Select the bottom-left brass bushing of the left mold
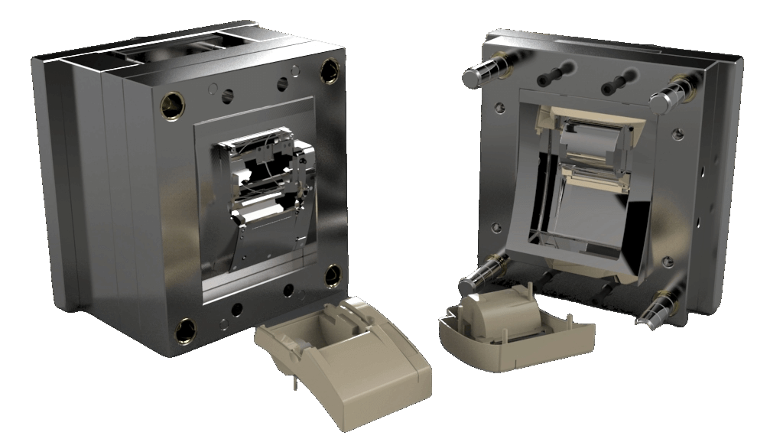(184, 330)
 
